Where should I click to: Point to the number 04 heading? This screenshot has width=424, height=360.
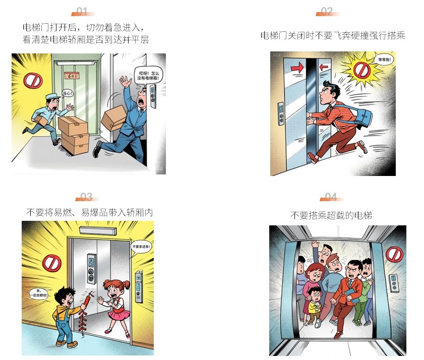pos(331,197)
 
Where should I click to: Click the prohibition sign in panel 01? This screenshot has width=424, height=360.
pos(33,81)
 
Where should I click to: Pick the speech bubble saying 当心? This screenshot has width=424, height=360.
pos(68,93)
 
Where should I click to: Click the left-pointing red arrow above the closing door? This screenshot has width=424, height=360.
pos(324,66)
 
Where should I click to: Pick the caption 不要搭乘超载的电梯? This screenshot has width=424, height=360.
pos(331,215)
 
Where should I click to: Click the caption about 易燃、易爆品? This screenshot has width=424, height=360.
pos(89,213)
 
